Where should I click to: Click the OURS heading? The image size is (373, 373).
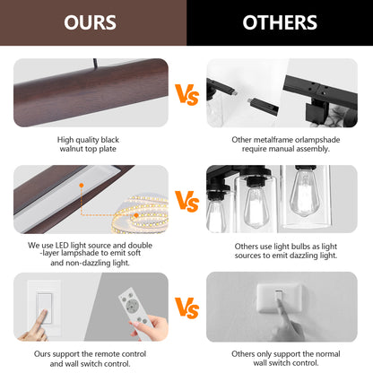click(90, 22)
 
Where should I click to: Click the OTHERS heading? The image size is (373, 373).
click(280, 22)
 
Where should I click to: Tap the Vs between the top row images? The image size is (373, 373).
click(186, 95)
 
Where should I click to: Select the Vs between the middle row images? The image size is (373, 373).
click(186, 201)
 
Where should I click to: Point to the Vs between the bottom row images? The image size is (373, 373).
click(186, 308)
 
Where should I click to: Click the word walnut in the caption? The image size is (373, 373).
click(71, 149)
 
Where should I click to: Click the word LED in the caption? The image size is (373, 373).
click(62, 246)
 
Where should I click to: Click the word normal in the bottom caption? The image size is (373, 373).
click(328, 354)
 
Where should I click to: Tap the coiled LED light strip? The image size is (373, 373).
click(141, 213)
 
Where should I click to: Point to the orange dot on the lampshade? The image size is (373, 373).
click(82, 186)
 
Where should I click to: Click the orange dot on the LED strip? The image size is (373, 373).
click(136, 215)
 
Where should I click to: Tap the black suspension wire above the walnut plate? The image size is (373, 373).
click(96, 64)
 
